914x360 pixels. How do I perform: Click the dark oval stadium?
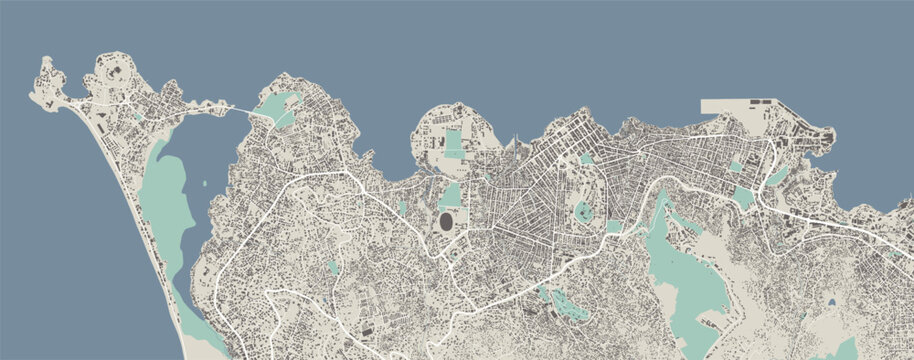[445, 220]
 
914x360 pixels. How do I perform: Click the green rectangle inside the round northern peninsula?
[454, 142]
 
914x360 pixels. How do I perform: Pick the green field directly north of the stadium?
[450, 194]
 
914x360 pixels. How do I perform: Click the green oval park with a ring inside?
[583, 211]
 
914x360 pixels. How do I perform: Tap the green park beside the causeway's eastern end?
[277, 106]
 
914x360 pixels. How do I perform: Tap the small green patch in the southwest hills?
[332, 268]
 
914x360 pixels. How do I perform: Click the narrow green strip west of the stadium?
[402, 208]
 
